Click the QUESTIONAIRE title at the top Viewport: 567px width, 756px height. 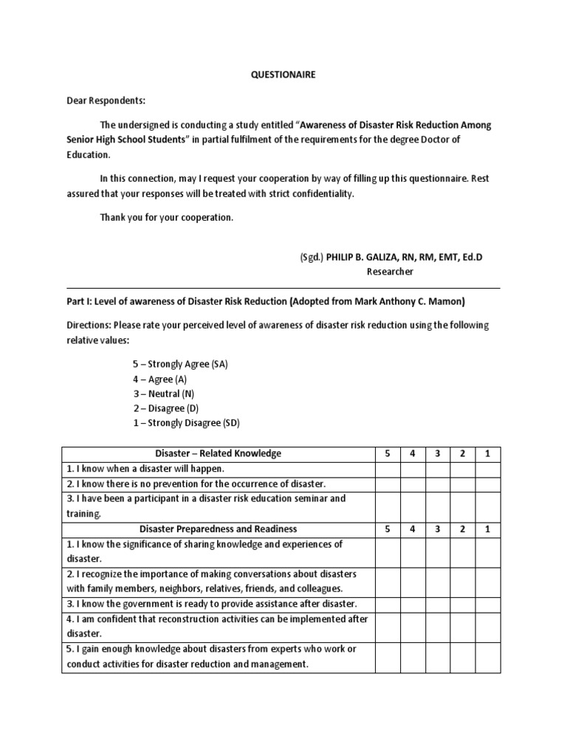pos(283,75)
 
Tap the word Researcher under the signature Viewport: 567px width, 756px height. pos(390,271)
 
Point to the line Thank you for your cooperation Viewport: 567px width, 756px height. pos(166,217)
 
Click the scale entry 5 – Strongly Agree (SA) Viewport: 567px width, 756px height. pos(180,364)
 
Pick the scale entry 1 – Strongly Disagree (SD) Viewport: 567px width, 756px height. pos(186,423)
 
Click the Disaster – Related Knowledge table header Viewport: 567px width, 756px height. pos(218,453)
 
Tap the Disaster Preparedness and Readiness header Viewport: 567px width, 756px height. pos(218,529)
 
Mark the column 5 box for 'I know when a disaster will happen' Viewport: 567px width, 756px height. pos(387,469)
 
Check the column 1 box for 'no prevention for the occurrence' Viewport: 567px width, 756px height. pos(487,484)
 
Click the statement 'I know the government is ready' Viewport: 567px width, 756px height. pos(210,604)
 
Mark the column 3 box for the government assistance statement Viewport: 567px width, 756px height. pos(437,604)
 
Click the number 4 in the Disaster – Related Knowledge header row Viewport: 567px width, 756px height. pos(412,453)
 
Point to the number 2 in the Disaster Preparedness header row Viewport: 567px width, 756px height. pos(461,529)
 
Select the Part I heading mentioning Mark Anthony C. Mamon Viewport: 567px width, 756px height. pos(266,301)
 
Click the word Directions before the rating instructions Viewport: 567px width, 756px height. pos(92,325)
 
